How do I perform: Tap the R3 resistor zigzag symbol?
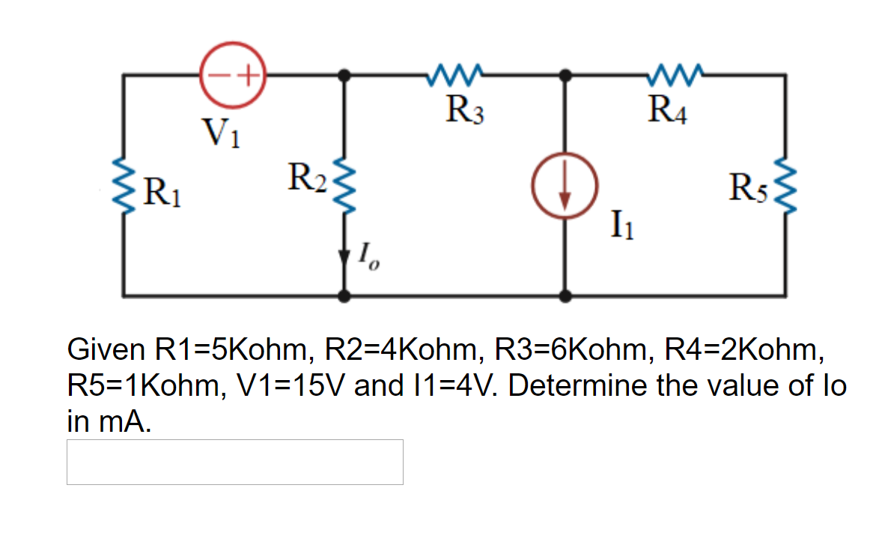click(x=455, y=75)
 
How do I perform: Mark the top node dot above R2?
click(x=344, y=75)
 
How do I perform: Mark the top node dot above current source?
click(x=566, y=75)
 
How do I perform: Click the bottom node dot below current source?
click(x=566, y=295)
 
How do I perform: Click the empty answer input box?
click(x=234, y=462)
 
